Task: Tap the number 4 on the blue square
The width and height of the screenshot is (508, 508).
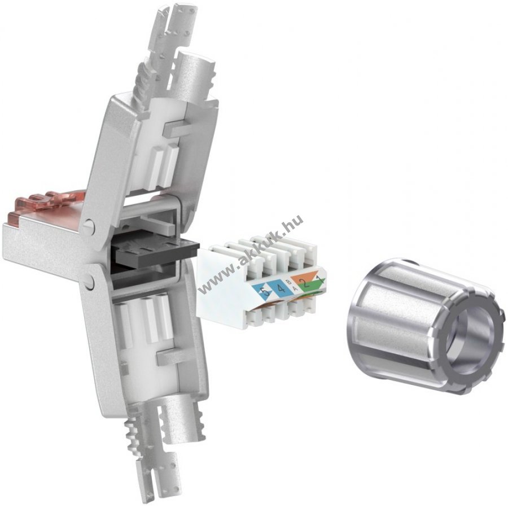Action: click(x=281, y=288)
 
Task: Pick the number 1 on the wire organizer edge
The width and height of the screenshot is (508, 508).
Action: click(x=320, y=280)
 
